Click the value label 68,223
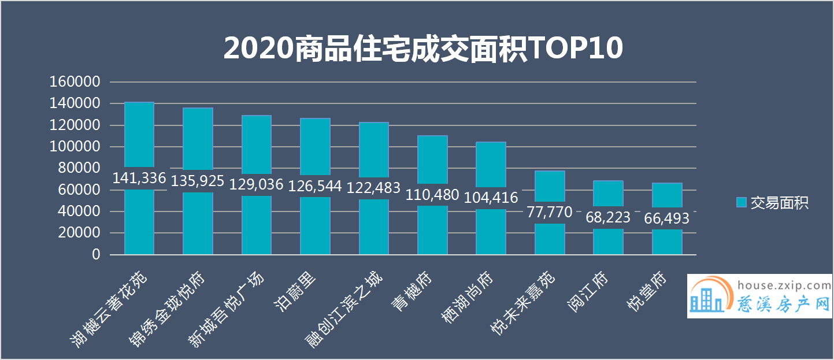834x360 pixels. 608,217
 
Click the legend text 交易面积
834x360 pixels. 779,203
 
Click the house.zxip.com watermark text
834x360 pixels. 785,285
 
